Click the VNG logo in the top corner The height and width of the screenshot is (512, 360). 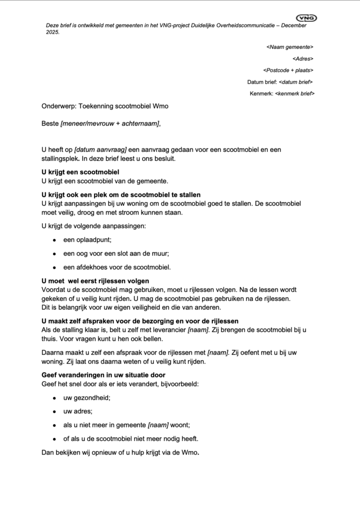[x=306, y=18]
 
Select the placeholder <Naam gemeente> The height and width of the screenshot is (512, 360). [x=290, y=47]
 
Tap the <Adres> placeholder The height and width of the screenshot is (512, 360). [x=303, y=58]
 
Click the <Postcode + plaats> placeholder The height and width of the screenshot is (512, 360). [x=288, y=70]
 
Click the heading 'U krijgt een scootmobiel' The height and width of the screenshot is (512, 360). [x=80, y=172]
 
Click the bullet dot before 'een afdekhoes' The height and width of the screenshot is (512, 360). [x=54, y=266]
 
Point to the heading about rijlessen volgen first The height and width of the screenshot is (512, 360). [x=95, y=281]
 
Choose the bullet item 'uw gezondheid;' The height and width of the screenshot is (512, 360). [x=86, y=398]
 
